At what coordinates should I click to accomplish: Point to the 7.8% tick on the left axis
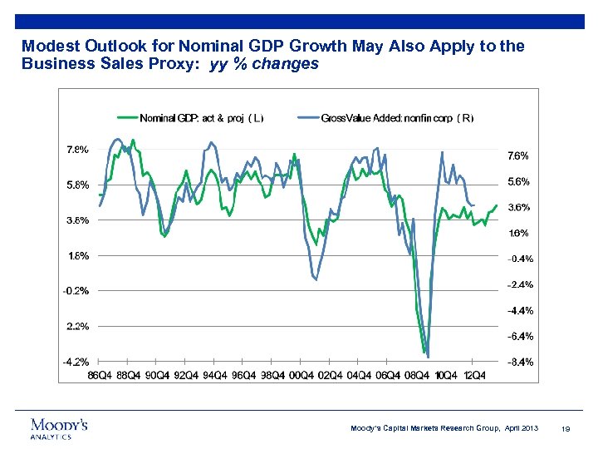point(77,150)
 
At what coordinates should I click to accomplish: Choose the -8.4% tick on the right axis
point(519,362)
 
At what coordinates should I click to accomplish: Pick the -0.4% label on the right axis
point(519,259)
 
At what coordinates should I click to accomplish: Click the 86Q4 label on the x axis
point(100,375)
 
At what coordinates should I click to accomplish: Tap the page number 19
point(564,428)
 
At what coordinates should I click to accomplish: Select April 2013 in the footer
point(519,428)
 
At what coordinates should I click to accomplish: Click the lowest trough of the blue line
point(428,357)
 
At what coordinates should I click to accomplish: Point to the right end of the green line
point(497,205)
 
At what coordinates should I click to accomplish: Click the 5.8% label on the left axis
point(77,185)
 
